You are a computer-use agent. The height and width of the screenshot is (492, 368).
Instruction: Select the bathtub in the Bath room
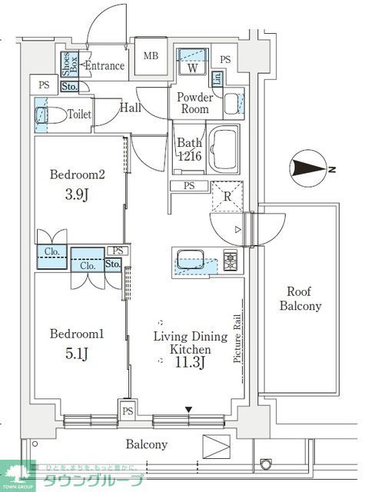point(226,150)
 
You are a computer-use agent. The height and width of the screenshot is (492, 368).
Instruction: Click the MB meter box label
point(151,55)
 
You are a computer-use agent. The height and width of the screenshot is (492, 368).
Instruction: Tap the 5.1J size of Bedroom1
point(75,354)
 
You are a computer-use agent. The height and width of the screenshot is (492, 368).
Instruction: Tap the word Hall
point(130,108)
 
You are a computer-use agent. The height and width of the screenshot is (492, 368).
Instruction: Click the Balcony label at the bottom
point(146,444)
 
